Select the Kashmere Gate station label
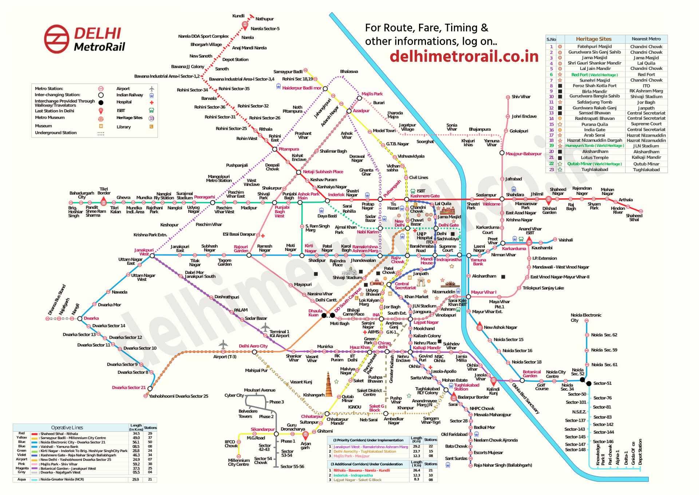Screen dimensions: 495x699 tap(424, 196)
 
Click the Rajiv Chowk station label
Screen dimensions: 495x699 tap(397, 260)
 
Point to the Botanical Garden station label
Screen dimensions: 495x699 tap(532, 374)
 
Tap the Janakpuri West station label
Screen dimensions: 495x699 tap(144, 252)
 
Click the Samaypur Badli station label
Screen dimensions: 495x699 tap(288, 71)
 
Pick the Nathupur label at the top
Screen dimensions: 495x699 tap(264, 19)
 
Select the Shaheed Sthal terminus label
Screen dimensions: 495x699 tap(634, 218)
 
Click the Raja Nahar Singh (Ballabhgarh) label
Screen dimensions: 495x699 tap(502, 465)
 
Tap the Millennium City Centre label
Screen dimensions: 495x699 tap(238, 462)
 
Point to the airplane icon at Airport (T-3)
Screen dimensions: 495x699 tap(223, 344)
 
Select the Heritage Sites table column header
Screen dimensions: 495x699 tap(593, 39)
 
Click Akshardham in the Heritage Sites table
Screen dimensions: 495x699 tap(595, 152)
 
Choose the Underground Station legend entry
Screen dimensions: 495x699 tap(56, 133)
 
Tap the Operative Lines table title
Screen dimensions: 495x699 tap(67, 427)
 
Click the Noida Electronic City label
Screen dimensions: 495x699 tap(585, 317)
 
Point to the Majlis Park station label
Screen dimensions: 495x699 tap(372, 94)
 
